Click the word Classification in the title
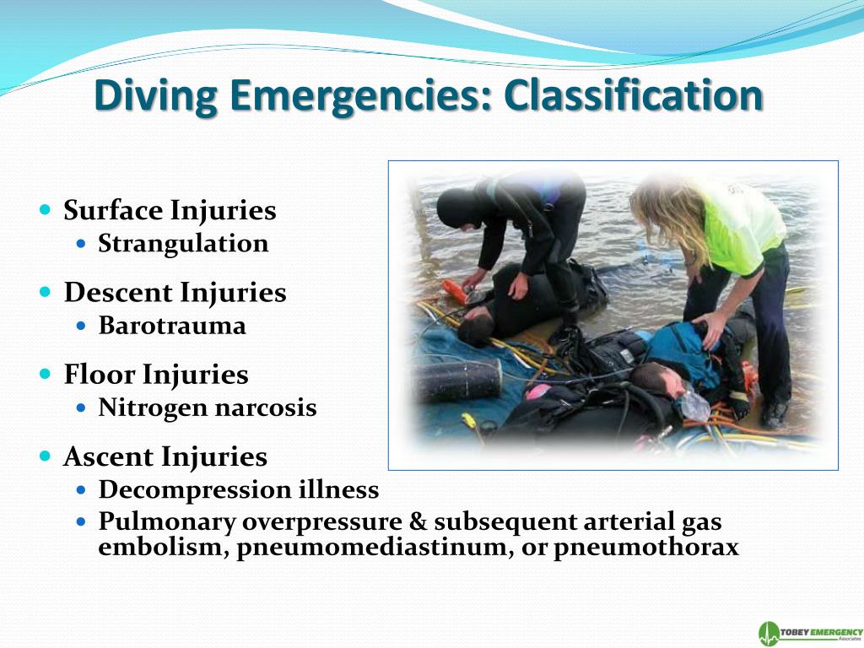click(634, 96)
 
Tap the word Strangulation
click(183, 244)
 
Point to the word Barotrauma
click(172, 326)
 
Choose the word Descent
click(119, 293)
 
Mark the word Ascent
click(109, 457)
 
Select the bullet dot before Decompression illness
click(81, 489)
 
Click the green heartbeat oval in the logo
click(768, 634)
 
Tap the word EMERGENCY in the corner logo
click(834, 631)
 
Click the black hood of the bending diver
click(458, 208)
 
